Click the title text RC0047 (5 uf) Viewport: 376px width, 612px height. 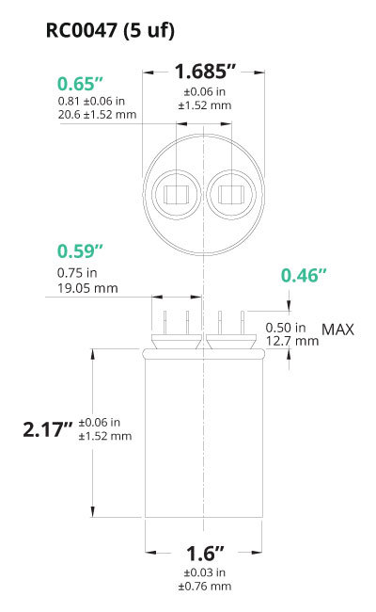[110, 30]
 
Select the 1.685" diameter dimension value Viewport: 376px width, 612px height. [205, 72]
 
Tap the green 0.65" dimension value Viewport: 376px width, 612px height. [80, 84]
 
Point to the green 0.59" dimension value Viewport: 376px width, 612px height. [80, 251]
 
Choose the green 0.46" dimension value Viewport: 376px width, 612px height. [304, 276]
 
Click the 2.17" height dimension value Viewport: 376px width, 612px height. [48, 429]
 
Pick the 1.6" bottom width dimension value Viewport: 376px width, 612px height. [205, 553]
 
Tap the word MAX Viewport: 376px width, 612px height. [337, 330]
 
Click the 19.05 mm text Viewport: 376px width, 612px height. [87, 288]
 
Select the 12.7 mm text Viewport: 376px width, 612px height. [292, 341]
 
